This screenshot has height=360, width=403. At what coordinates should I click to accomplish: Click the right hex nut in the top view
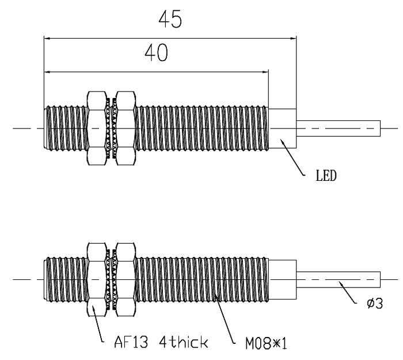[x=125, y=127]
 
